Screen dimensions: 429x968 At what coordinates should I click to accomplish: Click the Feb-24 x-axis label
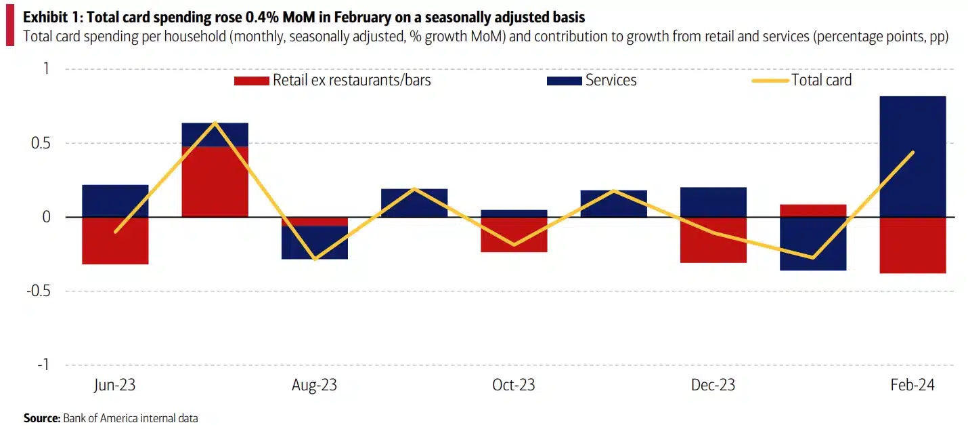tap(912, 385)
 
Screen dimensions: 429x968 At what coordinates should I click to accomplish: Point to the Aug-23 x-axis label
tap(314, 385)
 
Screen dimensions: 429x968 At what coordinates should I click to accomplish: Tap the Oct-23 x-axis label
tap(513, 385)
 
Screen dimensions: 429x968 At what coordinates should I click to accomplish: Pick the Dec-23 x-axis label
tap(713, 385)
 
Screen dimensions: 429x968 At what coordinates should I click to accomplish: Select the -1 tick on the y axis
tap(43, 365)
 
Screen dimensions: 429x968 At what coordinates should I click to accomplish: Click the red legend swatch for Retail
tap(251, 81)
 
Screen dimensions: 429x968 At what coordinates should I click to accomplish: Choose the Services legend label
tap(611, 80)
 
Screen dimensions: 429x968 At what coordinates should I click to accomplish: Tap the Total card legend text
tap(821, 80)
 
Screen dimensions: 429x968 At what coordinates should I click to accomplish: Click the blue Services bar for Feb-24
tap(912, 157)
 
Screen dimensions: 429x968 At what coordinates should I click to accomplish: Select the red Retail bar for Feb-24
tap(912, 245)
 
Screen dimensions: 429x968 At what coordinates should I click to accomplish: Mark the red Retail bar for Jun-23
tap(115, 241)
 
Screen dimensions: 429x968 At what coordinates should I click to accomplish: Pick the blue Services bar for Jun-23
tap(115, 201)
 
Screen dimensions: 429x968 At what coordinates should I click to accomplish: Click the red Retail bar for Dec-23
tap(713, 240)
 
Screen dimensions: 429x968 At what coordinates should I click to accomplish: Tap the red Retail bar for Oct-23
tap(514, 234)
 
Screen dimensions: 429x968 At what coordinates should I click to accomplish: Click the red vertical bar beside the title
tap(9, 27)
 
